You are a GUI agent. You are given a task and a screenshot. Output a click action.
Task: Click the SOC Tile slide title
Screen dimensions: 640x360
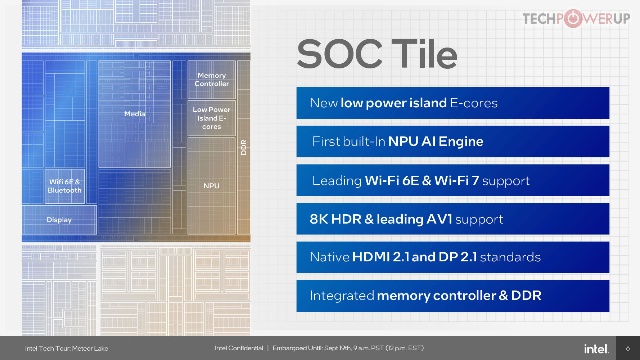[377, 54]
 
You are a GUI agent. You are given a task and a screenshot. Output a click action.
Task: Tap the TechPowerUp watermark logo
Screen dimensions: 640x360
[576, 18]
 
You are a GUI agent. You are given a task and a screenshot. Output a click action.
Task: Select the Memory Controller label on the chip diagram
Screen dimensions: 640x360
[212, 80]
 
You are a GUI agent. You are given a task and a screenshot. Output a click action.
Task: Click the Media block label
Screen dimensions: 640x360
[135, 114]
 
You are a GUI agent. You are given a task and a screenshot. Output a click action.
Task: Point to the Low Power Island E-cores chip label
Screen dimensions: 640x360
[212, 118]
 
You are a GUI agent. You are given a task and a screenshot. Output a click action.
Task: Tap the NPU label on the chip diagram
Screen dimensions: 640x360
[211, 186]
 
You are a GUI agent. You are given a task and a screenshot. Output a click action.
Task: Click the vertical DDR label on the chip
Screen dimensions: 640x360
[244, 147]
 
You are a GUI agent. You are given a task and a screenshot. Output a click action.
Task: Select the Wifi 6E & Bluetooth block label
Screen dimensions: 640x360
[65, 186]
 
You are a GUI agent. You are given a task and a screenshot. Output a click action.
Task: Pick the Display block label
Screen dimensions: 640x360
[59, 220]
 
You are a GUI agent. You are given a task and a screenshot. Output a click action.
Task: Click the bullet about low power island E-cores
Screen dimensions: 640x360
[453, 103]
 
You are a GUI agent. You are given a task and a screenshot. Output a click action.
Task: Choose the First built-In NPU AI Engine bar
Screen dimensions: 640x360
[453, 141]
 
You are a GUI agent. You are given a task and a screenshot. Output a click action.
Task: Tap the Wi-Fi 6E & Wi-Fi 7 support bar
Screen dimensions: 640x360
[453, 180]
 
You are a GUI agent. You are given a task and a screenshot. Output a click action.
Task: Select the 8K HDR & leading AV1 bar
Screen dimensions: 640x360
[453, 219]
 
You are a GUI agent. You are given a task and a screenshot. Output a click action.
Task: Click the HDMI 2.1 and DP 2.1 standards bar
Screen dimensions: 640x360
[453, 257]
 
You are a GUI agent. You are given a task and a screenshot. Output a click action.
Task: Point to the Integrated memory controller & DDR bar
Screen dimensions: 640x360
[453, 296]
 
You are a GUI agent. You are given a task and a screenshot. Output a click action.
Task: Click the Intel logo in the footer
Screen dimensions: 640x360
[596, 348]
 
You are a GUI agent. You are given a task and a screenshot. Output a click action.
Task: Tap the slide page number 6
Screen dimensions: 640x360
[628, 348]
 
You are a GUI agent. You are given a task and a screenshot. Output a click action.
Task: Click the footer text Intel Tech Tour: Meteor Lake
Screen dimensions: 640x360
[67, 348]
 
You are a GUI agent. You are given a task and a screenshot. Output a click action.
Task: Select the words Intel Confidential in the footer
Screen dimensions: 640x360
[239, 348]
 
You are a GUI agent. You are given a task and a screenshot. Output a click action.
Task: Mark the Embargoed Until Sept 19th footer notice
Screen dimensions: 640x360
[348, 348]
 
